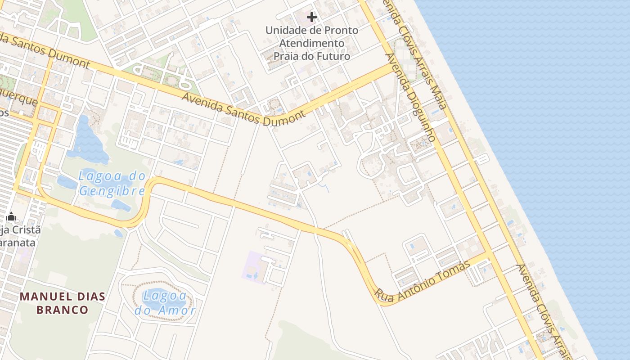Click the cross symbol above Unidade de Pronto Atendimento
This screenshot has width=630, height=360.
311,17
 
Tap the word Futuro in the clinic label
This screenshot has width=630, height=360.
333,56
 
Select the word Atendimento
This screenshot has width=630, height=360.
312,43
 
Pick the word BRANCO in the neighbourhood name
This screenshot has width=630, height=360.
62,310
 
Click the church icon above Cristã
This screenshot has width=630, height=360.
12,217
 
